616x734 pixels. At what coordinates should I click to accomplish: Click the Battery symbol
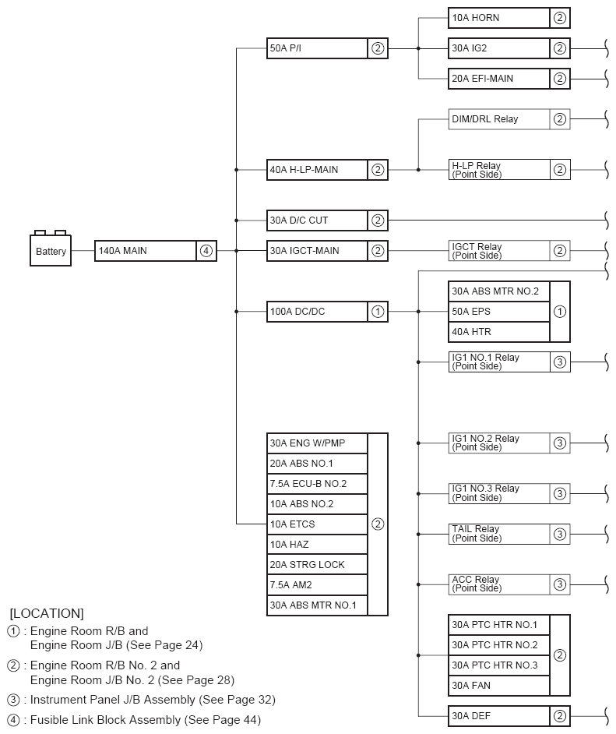(51, 250)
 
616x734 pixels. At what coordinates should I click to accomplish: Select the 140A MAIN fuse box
(145, 251)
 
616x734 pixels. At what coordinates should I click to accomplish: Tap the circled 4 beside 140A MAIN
(206, 251)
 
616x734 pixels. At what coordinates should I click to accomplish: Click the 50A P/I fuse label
(317, 48)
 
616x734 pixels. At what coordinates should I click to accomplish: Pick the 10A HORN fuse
(499, 18)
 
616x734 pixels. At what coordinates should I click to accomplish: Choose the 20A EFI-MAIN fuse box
(499, 79)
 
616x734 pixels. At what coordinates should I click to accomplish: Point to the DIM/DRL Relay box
(499, 119)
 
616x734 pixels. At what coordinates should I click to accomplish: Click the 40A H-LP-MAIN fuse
(317, 170)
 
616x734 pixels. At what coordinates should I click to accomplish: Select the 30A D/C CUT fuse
(317, 221)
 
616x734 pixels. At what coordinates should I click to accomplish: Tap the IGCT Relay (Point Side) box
(499, 251)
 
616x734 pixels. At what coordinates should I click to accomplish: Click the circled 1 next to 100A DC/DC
(378, 312)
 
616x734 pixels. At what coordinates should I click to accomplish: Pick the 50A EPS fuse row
(499, 312)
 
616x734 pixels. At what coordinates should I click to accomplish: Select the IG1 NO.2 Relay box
(499, 443)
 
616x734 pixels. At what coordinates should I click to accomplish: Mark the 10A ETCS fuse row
(317, 524)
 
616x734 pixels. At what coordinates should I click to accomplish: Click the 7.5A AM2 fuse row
(317, 585)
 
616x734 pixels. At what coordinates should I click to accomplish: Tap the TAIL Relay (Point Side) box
(499, 534)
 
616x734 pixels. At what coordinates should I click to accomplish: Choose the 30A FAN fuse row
(499, 686)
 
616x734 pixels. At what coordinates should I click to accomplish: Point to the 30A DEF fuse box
(499, 716)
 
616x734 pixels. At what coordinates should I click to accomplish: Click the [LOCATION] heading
(47, 613)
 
